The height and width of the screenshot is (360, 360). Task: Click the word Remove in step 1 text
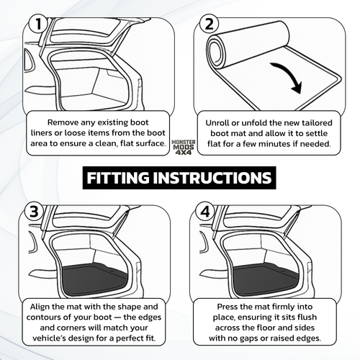66,122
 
